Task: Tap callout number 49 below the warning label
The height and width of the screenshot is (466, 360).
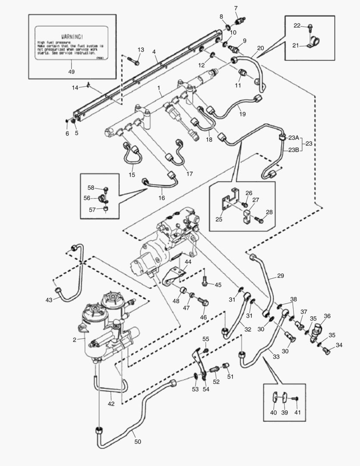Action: click(x=72, y=72)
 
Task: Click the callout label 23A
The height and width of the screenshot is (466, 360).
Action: click(x=293, y=138)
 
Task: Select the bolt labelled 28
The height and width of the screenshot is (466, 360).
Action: click(x=260, y=220)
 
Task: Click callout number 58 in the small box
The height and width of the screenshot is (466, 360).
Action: click(x=91, y=188)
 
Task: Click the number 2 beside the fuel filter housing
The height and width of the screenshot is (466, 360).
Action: click(x=75, y=340)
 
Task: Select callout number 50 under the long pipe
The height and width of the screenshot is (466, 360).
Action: click(x=137, y=441)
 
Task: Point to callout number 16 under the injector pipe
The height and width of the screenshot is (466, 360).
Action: click(x=162, y=198)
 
